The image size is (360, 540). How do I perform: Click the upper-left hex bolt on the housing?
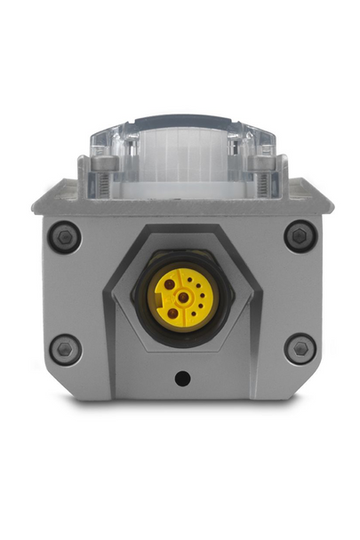tap(64, 237)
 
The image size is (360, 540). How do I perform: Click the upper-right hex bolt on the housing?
tap(298, 237)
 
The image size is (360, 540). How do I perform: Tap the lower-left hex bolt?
tap(64, 348)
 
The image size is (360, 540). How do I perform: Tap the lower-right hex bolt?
tap(299, 348)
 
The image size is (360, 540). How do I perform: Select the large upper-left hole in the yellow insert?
tap(169, 285)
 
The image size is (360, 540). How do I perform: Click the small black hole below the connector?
tap(182, 378)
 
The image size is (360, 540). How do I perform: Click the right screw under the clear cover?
tap(260, 163)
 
